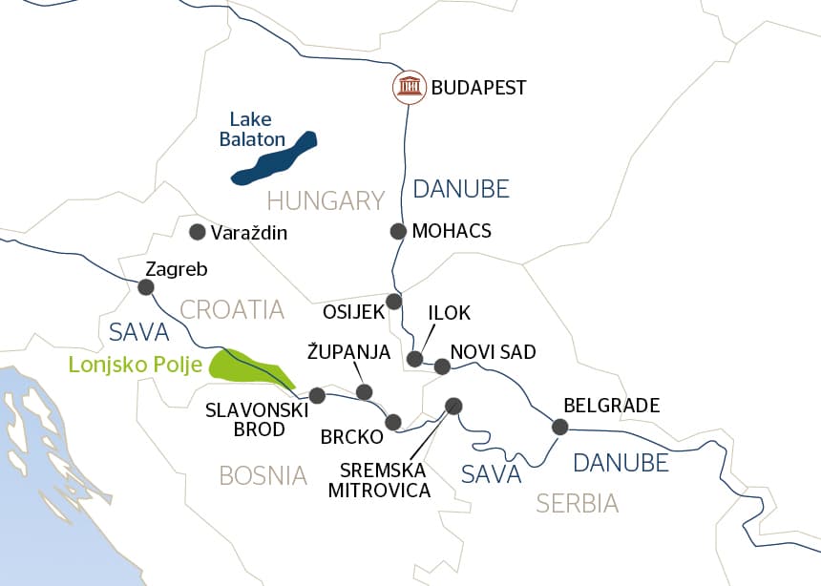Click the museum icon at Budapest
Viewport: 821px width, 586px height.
(410, 88)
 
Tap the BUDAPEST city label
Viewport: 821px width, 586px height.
(478, 89)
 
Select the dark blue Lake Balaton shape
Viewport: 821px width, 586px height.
(273, 158)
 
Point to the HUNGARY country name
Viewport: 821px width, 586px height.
(326, 200)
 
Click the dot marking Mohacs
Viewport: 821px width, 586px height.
(399, 231)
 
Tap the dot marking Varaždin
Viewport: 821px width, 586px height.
(198, 232)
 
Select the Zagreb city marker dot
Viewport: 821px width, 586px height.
(146, 286)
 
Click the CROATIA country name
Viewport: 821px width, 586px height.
(232, 309)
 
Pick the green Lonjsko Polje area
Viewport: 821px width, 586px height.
(250, 366)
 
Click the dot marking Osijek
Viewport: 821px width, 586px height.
(393, 302)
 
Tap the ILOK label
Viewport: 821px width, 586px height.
(450, 313)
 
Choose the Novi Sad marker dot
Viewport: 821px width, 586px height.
(442, 366)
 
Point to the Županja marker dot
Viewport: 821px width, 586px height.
(364, 391)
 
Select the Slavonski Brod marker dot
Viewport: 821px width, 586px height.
(318, 395)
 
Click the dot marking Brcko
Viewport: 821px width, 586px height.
(392, 421)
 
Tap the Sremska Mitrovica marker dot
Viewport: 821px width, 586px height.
(453, 405)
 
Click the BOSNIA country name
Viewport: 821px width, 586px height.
(263, 475)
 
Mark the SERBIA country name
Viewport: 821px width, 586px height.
(577, 503)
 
